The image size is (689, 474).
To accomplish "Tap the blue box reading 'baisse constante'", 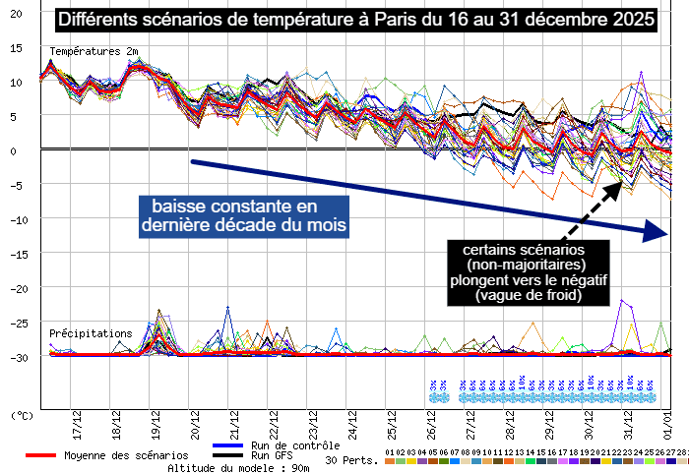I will (x=230, y=215).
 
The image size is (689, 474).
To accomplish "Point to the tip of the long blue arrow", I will (x=666, y=234).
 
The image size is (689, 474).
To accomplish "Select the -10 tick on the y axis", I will (x=15, y=219).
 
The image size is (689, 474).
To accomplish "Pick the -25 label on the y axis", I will (x=15, y=323).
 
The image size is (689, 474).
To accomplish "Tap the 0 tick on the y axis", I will (x=15, y=150).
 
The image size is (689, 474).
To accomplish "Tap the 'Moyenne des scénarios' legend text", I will (x=126, y=455).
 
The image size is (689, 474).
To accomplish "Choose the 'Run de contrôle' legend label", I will (x=295, y=445).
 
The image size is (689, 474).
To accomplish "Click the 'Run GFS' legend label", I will (x=274, y=455).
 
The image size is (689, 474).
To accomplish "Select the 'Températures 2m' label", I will (x=94, y=51).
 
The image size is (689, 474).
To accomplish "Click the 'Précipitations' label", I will (x=91, y=333).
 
